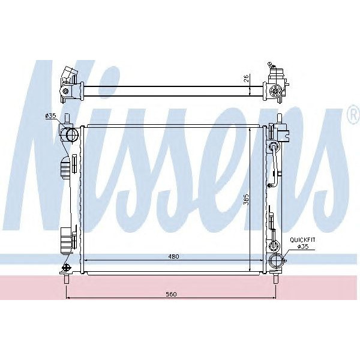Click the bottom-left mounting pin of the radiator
(65, 279)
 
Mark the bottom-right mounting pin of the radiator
(276, 279)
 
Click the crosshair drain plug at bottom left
(65, 268)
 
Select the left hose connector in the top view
(67, 83)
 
